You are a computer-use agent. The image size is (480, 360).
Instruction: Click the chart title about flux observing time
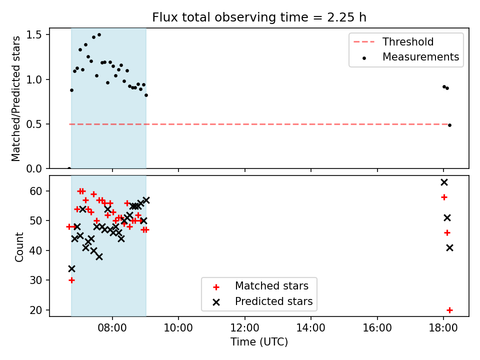point(259,17)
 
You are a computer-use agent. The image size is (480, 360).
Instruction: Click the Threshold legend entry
point(393,41)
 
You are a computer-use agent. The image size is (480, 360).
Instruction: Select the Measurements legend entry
point(410,57)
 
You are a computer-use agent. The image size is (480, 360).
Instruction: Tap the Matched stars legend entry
point(260,286)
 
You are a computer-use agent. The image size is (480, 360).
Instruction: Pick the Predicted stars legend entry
point(262,301)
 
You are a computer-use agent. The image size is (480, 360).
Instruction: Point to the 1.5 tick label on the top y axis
point(33,35)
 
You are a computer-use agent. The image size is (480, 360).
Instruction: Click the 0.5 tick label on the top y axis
point(33,124)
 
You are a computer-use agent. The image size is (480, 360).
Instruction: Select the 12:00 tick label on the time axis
point(244,328)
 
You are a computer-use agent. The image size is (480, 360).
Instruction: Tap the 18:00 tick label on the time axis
point(443,328)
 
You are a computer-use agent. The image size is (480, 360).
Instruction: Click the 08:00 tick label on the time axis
point(112,328)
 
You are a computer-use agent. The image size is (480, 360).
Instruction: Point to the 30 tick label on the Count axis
point(35,280)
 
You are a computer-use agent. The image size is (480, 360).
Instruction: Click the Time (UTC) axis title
point(259,342)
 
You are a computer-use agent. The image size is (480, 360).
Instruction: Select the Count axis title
point(19,246)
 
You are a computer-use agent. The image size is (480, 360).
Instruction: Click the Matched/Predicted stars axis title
point(15,98)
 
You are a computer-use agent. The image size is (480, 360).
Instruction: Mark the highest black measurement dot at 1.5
point(99,35)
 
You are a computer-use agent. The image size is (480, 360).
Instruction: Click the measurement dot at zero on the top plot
point(69,168)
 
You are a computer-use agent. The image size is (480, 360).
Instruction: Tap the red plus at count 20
point(449,310)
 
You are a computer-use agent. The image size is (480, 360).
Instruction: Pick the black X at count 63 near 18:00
point(444,182)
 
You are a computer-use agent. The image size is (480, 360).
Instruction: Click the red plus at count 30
point(71,280)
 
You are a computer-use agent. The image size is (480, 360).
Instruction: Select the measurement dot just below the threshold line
point(449,125)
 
